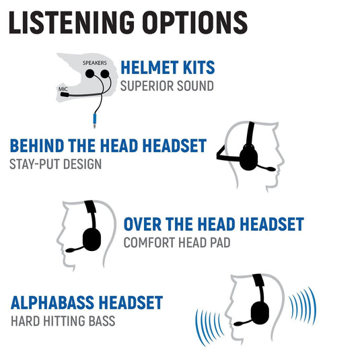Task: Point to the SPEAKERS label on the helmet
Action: tap(95, 62)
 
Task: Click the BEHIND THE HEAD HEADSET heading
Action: tap(108, 145)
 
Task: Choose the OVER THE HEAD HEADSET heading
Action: tap(213, 224)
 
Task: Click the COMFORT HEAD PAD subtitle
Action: tap(176, 242)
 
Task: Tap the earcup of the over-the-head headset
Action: tap(92, 238)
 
